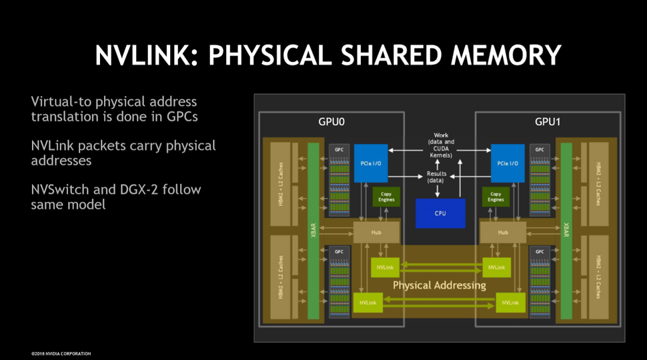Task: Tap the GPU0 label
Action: pos(332,123)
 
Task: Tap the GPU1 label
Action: pos(549,123)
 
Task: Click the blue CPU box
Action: pos(440,213)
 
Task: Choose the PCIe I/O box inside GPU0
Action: pos(370,163)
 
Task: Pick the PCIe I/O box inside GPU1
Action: pos(508,163)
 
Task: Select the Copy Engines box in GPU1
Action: pos(495,197)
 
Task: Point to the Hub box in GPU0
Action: pos(375,233)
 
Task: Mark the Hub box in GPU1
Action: pos(503,233)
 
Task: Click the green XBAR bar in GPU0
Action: pos(313,230)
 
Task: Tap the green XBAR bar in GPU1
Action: pos(566,230)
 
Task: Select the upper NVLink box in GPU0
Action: pos(385,267)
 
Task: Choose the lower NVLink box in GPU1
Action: pos(510,303)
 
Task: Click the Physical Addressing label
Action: pos(439,285)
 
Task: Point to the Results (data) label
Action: pos(437,177)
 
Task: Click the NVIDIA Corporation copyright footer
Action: pos(61,353)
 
